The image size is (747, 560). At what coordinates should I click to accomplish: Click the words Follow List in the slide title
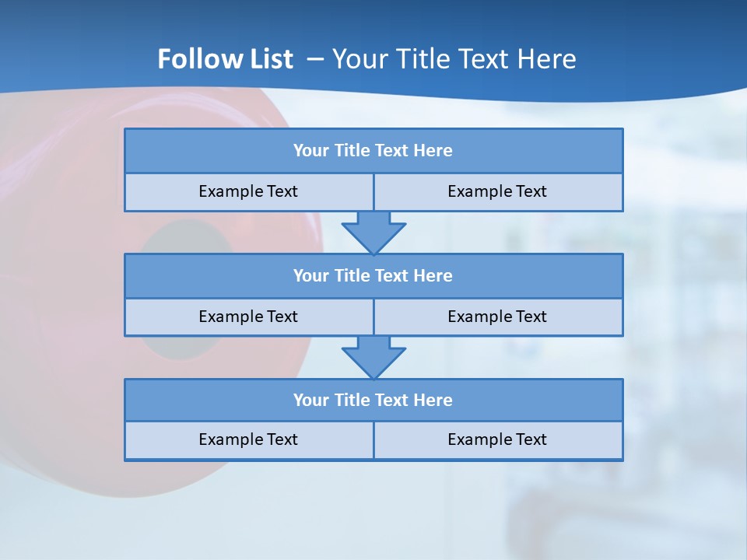tap(225, 59)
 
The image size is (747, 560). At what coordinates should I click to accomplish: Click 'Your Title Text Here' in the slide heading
tap(454, 59)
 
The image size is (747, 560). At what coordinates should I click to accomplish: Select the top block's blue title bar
tap(373, 151)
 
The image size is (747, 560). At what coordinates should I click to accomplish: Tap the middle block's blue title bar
tap(373, 276)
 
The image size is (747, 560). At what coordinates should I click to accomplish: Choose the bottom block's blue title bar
tap(373, 401)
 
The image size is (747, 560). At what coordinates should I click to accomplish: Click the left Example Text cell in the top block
tap(248, 191)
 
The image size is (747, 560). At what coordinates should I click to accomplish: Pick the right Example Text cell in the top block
tap(497, 191)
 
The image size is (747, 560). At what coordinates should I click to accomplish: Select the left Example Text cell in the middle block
tap(248, 317)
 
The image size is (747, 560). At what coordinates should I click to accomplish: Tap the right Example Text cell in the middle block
tap(497, 317)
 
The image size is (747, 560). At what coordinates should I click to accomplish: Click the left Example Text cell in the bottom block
tap(248, 439)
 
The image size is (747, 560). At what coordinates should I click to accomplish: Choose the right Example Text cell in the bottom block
tap(497, 439)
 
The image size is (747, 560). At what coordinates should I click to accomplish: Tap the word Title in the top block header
tap(352, 151)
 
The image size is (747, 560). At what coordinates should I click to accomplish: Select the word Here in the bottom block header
tap(433, 401)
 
